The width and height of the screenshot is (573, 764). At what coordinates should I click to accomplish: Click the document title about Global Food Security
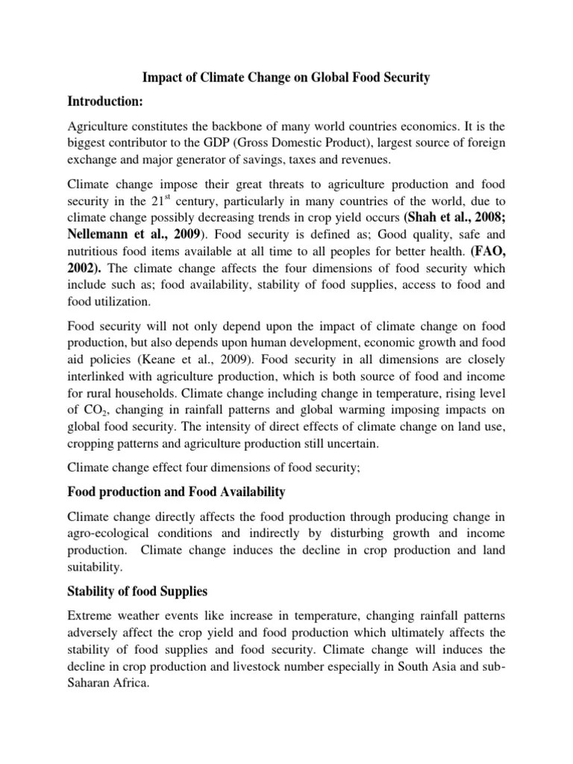click(x=286, y=78)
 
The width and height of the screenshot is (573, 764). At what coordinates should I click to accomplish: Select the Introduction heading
click(x=112, y=101)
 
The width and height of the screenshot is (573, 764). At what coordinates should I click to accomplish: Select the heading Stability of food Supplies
click(x=137, y=592)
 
